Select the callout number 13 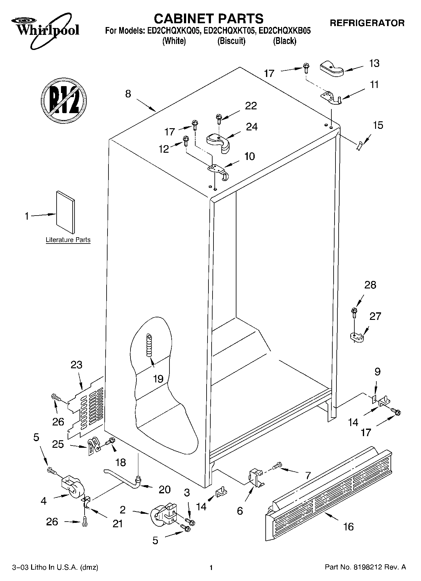coord(374,63)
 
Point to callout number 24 coord(252,127)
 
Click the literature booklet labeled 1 coord(65,213)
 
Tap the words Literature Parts coord(68,240)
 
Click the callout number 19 coord(158,379)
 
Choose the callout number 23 coord(76,365)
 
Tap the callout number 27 coord(375,316)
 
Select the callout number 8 coord(128,94)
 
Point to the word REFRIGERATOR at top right coord(367,23)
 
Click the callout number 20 coord(164,489)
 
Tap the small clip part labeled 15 coord(359,145)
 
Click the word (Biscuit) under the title coord(231,41)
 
